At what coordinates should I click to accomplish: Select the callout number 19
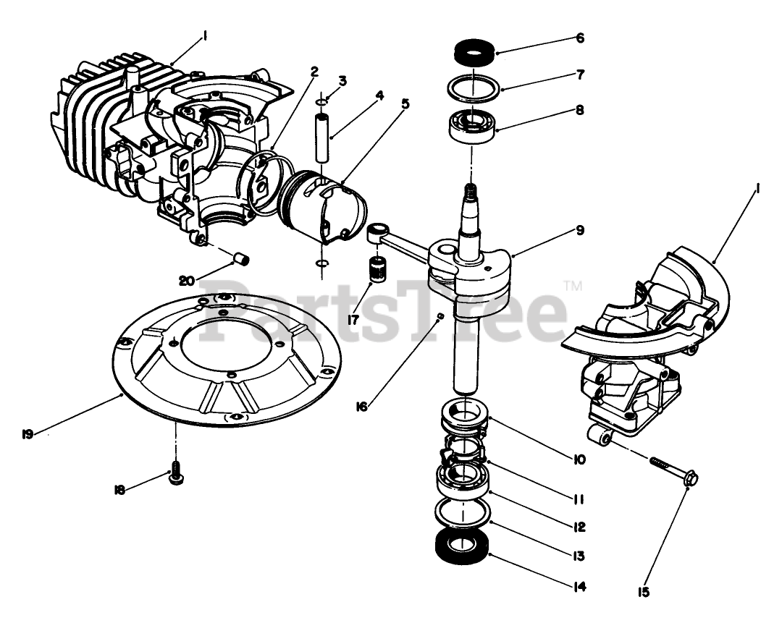coord(28,434)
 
